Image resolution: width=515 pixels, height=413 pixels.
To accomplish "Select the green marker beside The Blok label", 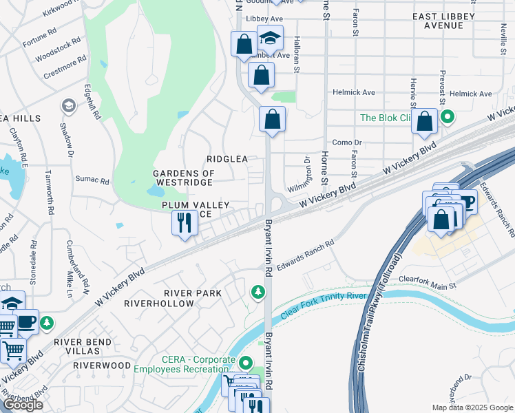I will [447, 117].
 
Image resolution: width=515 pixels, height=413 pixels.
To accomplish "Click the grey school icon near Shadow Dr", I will [68, 105].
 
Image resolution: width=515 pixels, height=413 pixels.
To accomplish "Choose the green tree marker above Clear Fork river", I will [258, 293].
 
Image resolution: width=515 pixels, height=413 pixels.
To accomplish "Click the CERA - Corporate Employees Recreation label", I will [200, 365].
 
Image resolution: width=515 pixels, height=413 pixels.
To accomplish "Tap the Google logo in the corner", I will [22, 405].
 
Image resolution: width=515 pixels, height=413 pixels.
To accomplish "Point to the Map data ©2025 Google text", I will [471, 407].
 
